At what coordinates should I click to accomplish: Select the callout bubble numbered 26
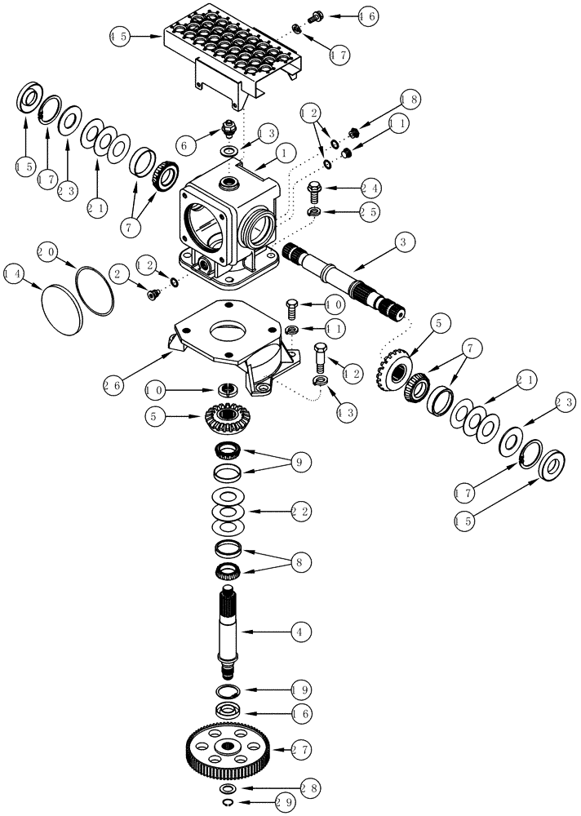[x=115, y=381]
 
